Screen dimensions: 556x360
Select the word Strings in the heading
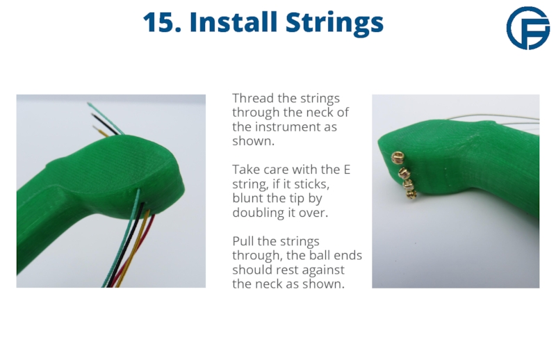point(335,24)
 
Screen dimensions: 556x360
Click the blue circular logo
point(528,28)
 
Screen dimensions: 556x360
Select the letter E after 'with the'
point(347,170)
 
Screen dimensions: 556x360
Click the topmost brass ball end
point(398,157)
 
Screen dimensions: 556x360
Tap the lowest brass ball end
point(411,194)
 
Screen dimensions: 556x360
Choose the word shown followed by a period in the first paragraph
point(253,141)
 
